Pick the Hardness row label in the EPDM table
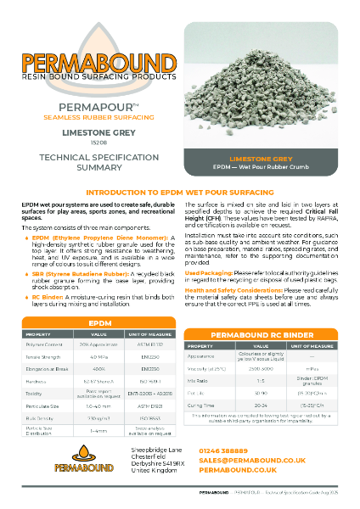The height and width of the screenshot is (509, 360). pyautogui.click(x=35, y=359)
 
